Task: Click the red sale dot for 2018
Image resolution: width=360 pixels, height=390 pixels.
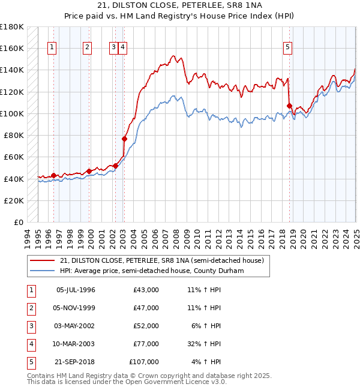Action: [289, 106]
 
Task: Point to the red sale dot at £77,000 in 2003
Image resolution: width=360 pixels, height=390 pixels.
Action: [125, 139]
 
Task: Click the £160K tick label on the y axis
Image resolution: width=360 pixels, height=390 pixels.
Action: [12, 48]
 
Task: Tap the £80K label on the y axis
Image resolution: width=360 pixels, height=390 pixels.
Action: [14, 136]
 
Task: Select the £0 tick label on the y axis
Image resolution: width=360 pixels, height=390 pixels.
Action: [19, 223]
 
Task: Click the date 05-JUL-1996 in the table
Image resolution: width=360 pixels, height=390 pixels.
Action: [76, 290]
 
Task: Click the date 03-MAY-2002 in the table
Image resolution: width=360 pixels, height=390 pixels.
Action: [76, 326]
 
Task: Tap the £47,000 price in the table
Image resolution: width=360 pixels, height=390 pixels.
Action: [146, 308]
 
